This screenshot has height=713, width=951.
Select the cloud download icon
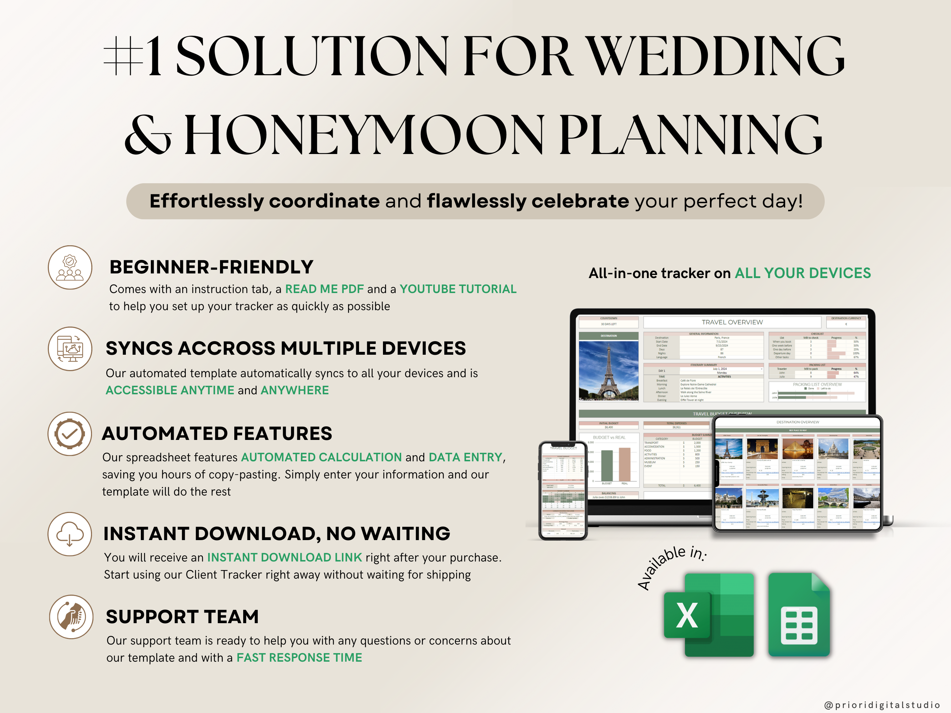click(x=70, y=534)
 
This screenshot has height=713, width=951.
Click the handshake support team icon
click(x=71, y=617)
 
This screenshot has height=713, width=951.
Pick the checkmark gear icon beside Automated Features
click(x=70, y=434)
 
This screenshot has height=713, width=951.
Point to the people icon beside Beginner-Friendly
click(x=70, y=267)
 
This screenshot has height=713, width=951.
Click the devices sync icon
click(x=70, y=349)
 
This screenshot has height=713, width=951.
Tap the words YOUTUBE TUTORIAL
click(x=458, y=289)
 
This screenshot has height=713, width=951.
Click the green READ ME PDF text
click(x=324, y=289)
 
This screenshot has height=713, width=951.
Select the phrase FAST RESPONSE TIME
click(x=299, y=657)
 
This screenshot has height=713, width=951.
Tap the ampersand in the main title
click(x=148, y=135)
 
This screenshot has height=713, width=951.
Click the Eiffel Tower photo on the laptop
click(x=608, y=371)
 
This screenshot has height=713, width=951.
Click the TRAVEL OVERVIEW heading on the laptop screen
click(x=732, y=322)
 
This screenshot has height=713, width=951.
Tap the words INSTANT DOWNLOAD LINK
click(x=285, y=558)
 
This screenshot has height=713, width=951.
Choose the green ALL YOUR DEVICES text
click(x=803, y=273)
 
